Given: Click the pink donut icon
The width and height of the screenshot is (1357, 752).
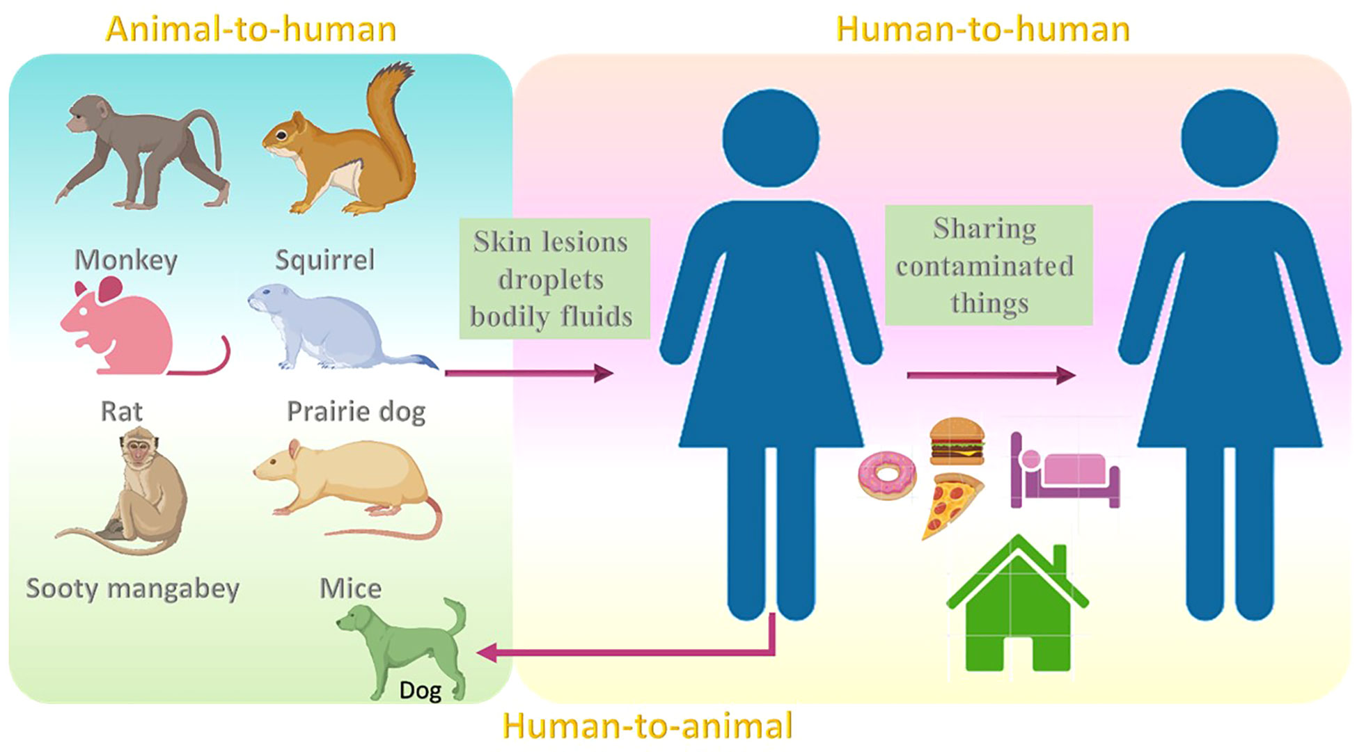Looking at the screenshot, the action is pos(887,475).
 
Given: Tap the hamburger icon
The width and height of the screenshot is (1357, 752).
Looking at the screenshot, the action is pos(957,440).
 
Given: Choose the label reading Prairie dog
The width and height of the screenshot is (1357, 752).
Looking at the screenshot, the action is pos(356,412).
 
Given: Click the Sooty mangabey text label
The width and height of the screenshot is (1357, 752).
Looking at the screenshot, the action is pos(132,589).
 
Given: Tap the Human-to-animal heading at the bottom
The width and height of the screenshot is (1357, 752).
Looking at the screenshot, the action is pos(648,726).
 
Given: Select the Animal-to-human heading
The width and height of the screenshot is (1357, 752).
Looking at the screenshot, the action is pos(251,29).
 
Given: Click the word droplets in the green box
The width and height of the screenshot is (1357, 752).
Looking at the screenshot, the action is pos(551,280).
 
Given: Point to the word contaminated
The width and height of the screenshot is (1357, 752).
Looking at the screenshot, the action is pos(985,266).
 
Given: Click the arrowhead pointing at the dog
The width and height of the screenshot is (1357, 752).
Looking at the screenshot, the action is pos(485,653).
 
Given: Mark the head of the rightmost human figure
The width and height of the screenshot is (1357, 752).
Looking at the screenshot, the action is pos(1230,138).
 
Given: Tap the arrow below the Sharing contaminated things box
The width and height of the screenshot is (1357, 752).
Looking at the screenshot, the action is pos(991,375).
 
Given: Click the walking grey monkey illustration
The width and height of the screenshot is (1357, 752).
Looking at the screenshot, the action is pos(143,151).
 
